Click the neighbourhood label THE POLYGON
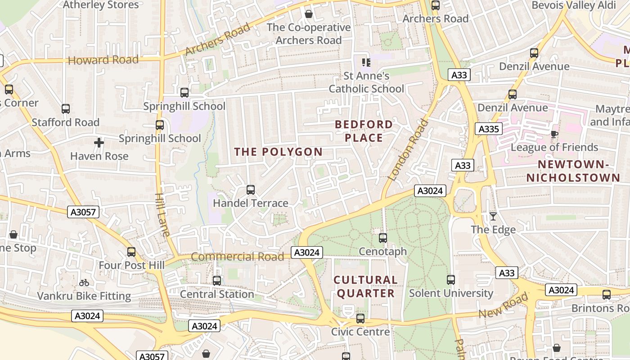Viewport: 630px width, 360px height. (278, 152)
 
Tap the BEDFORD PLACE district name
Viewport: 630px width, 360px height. (364, 131)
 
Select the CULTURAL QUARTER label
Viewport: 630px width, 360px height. (365, 287)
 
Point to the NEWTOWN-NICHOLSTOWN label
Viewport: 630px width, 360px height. (573, 171)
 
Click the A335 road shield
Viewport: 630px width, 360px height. (488, 129)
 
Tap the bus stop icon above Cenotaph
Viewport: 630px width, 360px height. (383, 238)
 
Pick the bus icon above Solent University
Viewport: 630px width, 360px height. (451, 279)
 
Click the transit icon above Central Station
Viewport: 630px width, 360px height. (217, 280)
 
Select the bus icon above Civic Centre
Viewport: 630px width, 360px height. (360, 319)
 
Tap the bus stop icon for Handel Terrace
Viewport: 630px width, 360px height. (251, 190)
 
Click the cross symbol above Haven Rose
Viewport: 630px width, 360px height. (99, 143)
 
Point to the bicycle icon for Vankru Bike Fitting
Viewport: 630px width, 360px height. (84, 283)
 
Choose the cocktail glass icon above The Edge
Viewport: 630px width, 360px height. (493, 216)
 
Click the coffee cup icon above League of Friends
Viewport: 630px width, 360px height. (554, 134)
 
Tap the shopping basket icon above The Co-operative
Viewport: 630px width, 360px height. (309, 14)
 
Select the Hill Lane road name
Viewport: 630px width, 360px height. (162, 215)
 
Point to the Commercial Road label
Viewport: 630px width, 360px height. (238, 256)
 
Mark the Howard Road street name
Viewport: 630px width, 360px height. (103, 60)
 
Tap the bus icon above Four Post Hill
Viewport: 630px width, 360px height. (131, 252)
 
